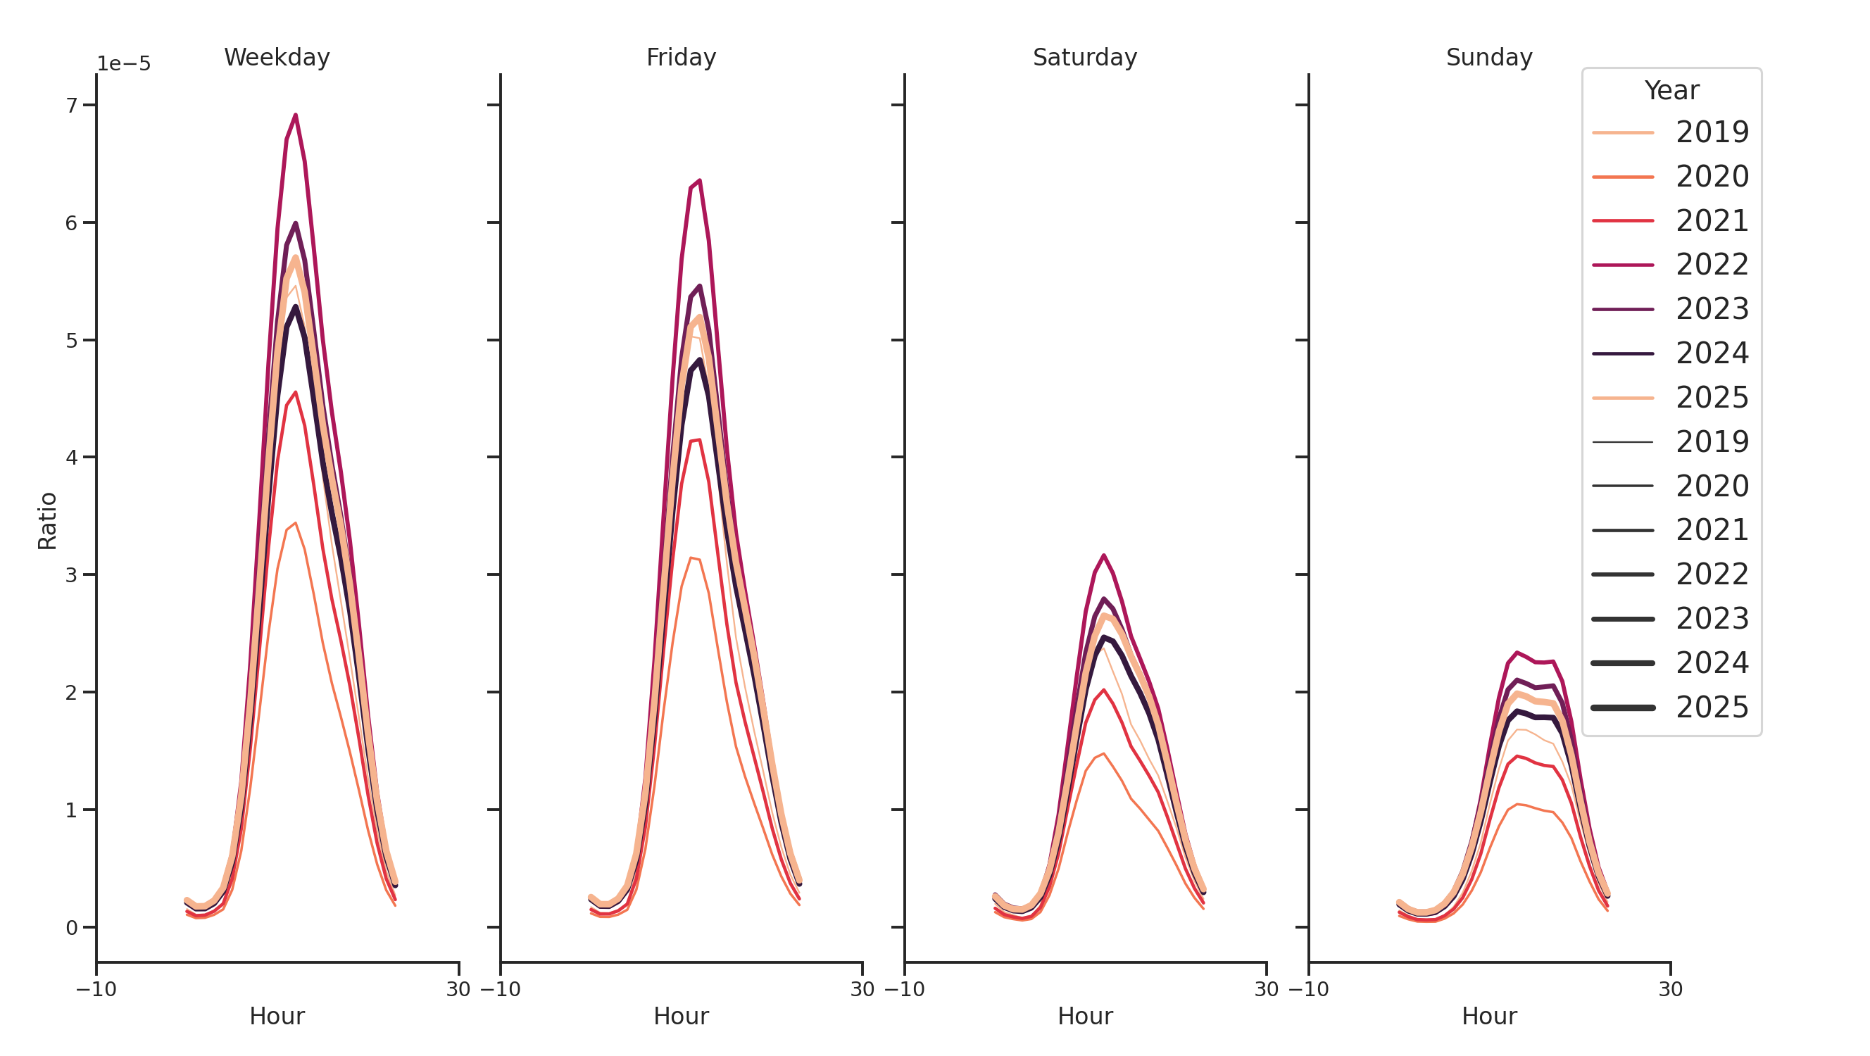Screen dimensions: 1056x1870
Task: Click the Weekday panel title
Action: coord(277,57)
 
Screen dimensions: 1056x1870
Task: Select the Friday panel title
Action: coord(681,57)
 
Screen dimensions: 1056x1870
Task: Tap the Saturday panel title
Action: coord(1084,57)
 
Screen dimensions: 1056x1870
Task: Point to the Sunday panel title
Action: coord(1489,57)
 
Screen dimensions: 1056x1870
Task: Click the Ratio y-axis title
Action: coord(47,520)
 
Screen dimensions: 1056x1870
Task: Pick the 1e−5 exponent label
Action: coord(124,64)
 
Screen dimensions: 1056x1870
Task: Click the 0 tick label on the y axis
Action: coord(71,928)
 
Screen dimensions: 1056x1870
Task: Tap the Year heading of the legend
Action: coord(1671,91)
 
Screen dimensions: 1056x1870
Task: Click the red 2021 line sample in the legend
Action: coord(1622,220)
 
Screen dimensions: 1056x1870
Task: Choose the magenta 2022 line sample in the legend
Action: coord(1622,265)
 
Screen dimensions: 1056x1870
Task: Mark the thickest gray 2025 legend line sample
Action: coord(1622,708)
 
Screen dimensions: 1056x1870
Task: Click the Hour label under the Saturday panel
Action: coord(1084,1016)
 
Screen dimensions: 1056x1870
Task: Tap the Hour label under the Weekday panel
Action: coord(277,1016)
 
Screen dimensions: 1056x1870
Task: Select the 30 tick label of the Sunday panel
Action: coord(1670,989)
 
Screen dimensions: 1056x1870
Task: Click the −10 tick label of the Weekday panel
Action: coord(96,989)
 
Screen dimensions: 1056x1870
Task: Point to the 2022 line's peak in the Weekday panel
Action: coord(296,115)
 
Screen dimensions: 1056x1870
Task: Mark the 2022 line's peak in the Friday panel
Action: coord(699,181)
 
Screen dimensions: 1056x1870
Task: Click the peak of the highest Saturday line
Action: coord(1103,555)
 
